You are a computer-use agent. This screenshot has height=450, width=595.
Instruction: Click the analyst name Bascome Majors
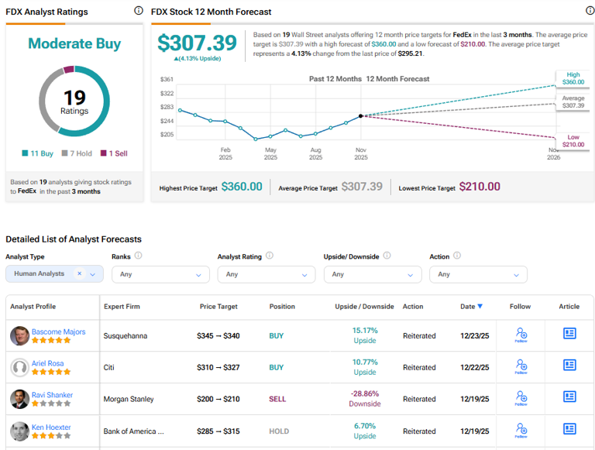[x=58, y=331]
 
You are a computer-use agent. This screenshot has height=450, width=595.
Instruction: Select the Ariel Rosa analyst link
[x=48, y=363]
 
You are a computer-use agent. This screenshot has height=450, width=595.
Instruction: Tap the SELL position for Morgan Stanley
[x=277, y=399]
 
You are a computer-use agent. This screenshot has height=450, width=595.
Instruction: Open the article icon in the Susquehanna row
[x=569, y=334]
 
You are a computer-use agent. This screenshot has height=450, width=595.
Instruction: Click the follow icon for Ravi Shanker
[x=521, y=398]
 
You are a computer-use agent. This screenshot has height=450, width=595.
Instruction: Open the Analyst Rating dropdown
[x=267, y=274]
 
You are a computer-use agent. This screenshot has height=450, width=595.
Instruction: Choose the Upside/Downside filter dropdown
[x=372, y=274]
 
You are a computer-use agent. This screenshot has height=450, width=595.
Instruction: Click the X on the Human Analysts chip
[x=79, y=273]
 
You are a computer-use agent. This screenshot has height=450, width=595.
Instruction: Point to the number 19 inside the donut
[x=74, y=98]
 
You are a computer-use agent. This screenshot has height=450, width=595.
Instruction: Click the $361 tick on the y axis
[x=167, y=79]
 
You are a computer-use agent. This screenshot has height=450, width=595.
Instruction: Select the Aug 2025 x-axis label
[x=315, y=153]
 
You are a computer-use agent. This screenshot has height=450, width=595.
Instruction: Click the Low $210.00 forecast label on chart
[x=572, y=140]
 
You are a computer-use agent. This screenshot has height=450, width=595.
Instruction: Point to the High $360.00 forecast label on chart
[x=572, y=78]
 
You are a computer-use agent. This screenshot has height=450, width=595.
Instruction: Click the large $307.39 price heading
[x=197, y=43]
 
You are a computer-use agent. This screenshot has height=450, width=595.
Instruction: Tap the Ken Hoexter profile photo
[x=20, y=431]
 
